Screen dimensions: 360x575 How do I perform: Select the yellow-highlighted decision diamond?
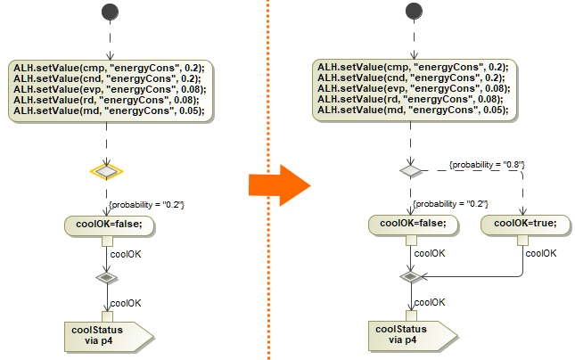click(107, 170)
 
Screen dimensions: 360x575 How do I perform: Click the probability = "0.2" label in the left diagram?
click(145, 205)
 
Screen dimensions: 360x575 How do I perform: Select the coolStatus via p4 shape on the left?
click(105, 334)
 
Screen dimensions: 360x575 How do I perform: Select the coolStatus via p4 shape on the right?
click(409, 334)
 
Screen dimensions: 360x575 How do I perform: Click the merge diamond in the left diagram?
click(107, 278)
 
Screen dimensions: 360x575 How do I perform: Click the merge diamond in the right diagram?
click(410, 277)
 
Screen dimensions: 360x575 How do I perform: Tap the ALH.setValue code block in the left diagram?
click(109, 89)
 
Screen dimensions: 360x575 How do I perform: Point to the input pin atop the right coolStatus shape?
click(410, 315)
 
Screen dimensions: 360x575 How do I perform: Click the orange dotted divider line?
click(267, 89)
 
